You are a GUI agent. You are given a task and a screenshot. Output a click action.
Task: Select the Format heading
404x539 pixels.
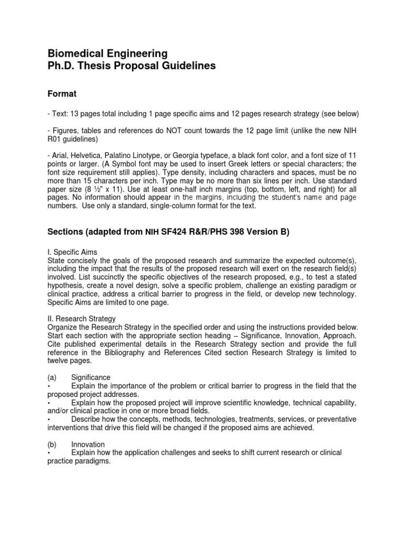[x=62, y=94]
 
